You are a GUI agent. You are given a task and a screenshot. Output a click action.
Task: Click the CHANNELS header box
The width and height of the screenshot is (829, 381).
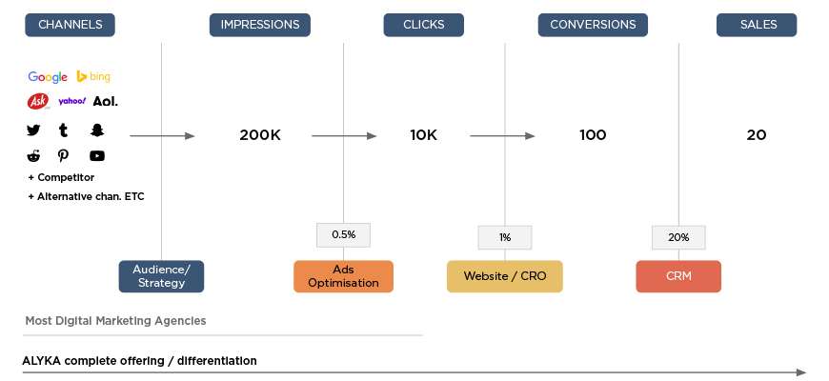[70, 25]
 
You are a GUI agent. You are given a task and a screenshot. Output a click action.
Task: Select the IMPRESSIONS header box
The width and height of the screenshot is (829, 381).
[259, 25]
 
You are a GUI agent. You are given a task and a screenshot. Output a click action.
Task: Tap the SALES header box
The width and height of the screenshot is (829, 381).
[756, 25]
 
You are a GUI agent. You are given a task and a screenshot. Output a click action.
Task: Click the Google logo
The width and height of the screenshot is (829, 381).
[48, 77]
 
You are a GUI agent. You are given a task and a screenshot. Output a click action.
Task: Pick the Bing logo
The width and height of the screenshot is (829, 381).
[93, 76]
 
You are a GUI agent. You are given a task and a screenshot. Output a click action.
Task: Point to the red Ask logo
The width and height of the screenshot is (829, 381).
[38, 101]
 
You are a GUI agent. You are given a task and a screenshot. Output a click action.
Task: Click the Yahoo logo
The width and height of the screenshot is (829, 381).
[71, 101]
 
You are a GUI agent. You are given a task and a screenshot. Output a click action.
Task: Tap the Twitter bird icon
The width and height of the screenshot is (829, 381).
[33, 130]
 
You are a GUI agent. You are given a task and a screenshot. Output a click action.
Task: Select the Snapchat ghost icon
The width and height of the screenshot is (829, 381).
[97, 130]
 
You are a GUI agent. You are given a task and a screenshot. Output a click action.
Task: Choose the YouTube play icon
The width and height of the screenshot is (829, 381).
[97, 156]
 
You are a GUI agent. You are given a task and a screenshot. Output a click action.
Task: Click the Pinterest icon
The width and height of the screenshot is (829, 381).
[64, 156]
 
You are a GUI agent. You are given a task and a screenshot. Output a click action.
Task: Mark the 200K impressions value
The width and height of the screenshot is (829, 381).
[260, 135]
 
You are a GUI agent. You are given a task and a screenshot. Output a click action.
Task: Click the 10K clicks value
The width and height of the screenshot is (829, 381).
[423, 135]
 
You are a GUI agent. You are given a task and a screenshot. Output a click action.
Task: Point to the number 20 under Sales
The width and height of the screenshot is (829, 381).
[756, 135]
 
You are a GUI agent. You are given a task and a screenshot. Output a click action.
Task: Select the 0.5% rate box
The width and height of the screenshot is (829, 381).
[344, 234]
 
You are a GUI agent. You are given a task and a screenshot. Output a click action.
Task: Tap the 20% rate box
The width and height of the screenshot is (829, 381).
[678, 237]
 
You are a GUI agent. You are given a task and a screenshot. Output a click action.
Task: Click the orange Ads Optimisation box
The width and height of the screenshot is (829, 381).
[344, 276]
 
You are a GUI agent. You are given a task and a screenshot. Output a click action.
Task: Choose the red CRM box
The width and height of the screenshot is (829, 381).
[678, 276]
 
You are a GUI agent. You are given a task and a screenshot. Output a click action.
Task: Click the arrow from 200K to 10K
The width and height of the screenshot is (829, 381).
[344, 136]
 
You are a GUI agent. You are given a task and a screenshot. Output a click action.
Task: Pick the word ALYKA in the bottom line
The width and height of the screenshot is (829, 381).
[41, 361]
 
